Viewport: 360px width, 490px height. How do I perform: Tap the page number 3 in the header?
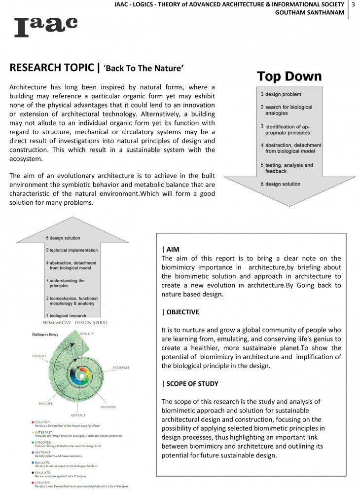[354, 4]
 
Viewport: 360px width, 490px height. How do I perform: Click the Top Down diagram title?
[289, 77]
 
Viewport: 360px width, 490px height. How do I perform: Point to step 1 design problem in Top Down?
[281, 94]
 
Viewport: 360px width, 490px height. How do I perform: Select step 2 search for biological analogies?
[286, 110]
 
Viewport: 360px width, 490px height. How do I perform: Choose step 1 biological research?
[68, 315]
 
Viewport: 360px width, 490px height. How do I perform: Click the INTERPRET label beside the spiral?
[121, 367]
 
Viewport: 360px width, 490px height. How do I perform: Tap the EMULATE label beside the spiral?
[45, 403]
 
